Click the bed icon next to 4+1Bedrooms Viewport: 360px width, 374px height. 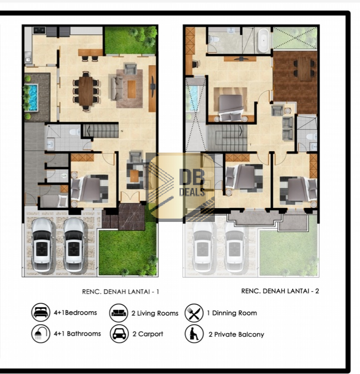tap(40, 312)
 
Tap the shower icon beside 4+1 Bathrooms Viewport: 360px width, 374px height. tap(40, 334)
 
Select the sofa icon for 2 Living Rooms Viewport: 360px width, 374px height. tap(119, 313)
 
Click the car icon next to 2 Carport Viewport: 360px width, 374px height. tap(119, 334)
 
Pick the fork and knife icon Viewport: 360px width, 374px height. tap(194, 313)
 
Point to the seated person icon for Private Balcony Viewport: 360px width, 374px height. tap(194, 334)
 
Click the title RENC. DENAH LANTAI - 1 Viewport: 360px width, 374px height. tap(121, 292)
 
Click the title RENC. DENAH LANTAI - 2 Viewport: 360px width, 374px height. tap(280, 291)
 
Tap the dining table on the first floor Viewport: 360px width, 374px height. tap(86, 91)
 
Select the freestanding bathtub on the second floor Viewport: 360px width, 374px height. tap(263, 41)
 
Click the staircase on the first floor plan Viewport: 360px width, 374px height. tap(100, 131)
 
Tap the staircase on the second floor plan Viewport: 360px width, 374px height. tap(228, 138)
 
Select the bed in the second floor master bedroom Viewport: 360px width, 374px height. tap(231, 108)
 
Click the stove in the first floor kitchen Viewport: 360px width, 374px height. tap(39, 30)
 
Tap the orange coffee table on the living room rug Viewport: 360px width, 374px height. tap(132, 89)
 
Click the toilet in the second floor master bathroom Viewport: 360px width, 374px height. tap(213, 39)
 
